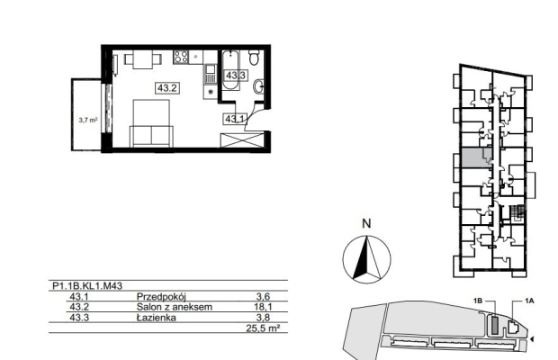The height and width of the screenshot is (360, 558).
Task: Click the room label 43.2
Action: coord(166,88)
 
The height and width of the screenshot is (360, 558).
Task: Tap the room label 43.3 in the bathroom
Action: coord(236,76)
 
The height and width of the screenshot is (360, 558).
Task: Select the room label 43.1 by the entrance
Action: coord(235,119)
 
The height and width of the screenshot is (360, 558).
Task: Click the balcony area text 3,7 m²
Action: coord(88,121)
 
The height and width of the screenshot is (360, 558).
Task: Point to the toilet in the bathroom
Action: coord(254,58)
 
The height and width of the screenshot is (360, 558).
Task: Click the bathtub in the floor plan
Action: coord(230,70)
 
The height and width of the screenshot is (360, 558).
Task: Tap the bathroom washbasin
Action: coord(258,86)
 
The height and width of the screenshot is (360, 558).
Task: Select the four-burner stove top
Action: coord(181,57)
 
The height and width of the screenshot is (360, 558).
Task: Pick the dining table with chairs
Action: coord(143,59)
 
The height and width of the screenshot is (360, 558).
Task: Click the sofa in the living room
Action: coord(151,136)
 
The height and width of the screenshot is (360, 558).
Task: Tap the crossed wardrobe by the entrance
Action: coord(242,139)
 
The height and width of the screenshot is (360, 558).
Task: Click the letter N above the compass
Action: coord(366,224)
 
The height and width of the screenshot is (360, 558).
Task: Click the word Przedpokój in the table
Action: coord(161,297)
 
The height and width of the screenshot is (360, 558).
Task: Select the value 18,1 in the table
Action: coord(264,307)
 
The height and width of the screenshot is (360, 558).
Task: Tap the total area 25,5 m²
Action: coord(262,328)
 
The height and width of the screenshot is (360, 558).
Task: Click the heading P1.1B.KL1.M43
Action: coord(87,285)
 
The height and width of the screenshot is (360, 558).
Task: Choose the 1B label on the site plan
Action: coord(478,301)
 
